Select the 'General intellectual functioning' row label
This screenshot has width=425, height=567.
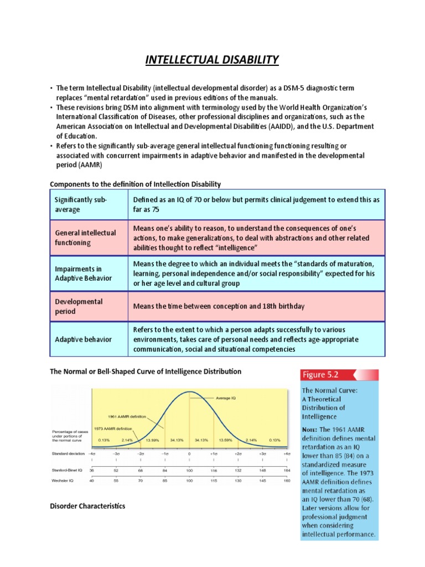tap(85, 238)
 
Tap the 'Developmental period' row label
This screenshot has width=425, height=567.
tap(79, 307)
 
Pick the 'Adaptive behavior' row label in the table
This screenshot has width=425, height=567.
tap(83, 339)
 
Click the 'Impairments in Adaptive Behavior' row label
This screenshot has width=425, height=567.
tap(83, 273)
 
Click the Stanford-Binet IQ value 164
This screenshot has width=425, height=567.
tap(287, 470)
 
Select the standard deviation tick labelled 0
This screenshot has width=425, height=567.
tap(189, 453)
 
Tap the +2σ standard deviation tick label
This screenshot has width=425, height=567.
tap(238, 453)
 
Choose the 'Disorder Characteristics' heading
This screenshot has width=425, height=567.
tap(87, 506)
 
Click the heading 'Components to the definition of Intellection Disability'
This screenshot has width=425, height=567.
tap(136, 183)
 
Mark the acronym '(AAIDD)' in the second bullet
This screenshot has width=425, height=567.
tap(303, 126)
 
